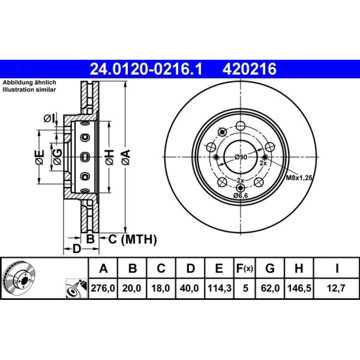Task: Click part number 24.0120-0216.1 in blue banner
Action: (x=146, y=69)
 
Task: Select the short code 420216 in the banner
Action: (x=249, y=69)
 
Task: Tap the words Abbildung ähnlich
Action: (x=29, y=82)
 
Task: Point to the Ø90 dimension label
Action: (x=241, y=157)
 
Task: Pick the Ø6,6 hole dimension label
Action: (x=241, y=195)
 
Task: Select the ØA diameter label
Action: (x=126, y=157)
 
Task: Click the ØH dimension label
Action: (x=109, y=157)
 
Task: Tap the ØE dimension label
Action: (x=40, y=157)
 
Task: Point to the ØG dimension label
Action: (x=57, y=157)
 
